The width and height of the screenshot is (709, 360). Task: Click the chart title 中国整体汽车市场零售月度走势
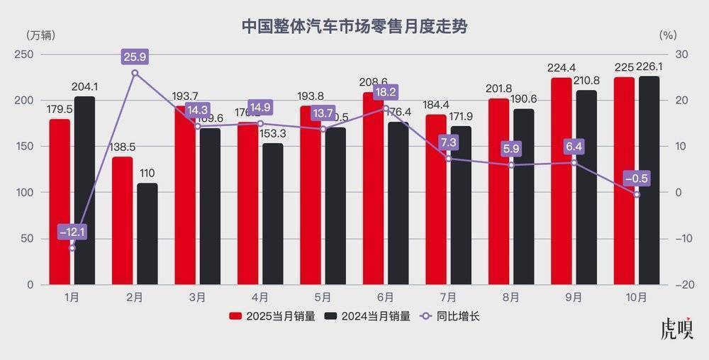pyautogui.click(x=354, y=26)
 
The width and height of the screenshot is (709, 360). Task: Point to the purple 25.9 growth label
pyautogui.click(x=135, y=55)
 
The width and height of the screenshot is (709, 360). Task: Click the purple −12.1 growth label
pyautogui.click(x=72, y=232)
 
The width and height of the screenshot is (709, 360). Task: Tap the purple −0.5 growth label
pyautogui.click(x=636, y=178)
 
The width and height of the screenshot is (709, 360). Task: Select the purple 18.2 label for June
pyautogui.click(x=386, y=91)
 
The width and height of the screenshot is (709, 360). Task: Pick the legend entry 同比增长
pyautogui.click(x=451, y=316)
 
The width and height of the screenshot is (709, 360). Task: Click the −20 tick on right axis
pyautogui.click(x=683, y=285)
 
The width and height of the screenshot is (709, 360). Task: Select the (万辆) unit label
pyautogui.click(x=40, y=35)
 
